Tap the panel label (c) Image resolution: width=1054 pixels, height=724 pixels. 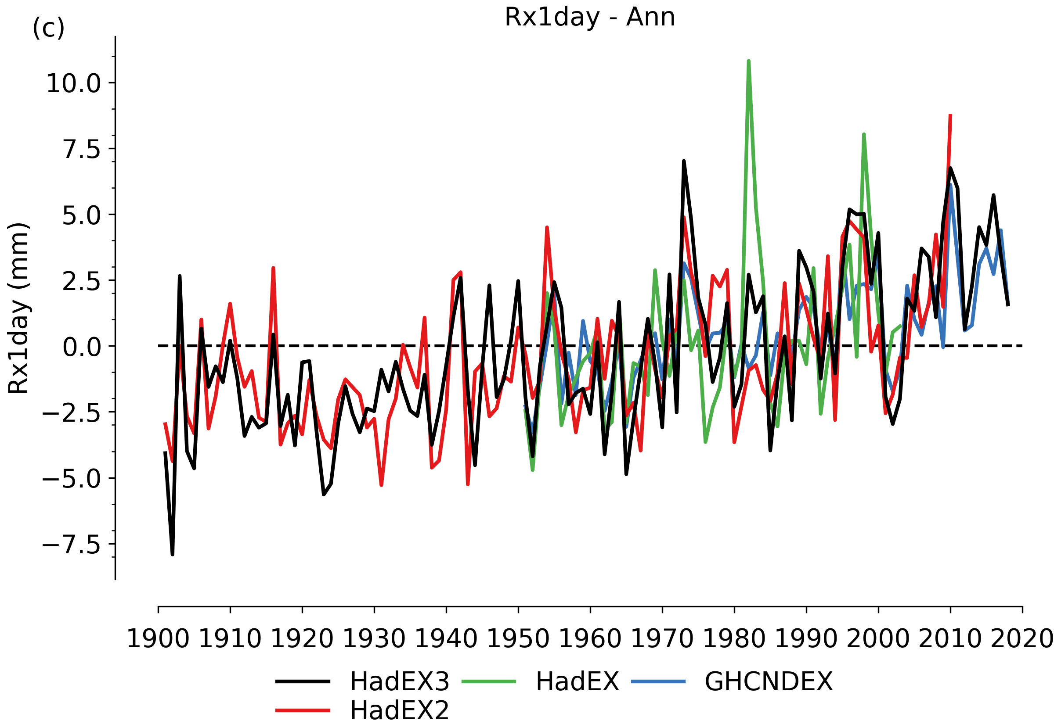pyautogui.click(x=49, y=28)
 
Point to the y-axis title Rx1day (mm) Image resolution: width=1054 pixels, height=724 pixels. pyautogui.click(x=18, y=308)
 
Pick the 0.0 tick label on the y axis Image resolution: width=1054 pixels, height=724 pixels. pyautogui.click(x=82, y=348)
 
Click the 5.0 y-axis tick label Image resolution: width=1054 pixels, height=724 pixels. pyautogui.click(x=82, y=216)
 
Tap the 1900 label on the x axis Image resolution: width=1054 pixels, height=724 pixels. pyautogui.click(x=158, y=639)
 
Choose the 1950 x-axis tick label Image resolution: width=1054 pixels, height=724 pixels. pyautogui.click(x=518, y=639)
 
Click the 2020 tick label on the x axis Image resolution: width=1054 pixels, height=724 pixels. pyautogui.click(x=1022, y=639)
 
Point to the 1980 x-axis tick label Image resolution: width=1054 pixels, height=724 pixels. pyautogui.click(x=734, y=639)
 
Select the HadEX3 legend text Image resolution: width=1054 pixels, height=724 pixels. pyautogui.click(x=400, y=681)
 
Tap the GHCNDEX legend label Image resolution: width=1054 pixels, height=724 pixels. pyautogui.click(x=769, y=681)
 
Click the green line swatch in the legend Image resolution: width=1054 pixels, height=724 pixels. pyautogui.click(x=489, y=682)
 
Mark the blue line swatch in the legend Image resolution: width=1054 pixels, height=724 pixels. pyautogui.click(x=659, y=682)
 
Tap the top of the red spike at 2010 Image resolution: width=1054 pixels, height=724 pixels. pyautogui.click(x=950, y=116)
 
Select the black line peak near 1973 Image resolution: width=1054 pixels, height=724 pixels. pyautogui.click(x=684, y=161)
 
